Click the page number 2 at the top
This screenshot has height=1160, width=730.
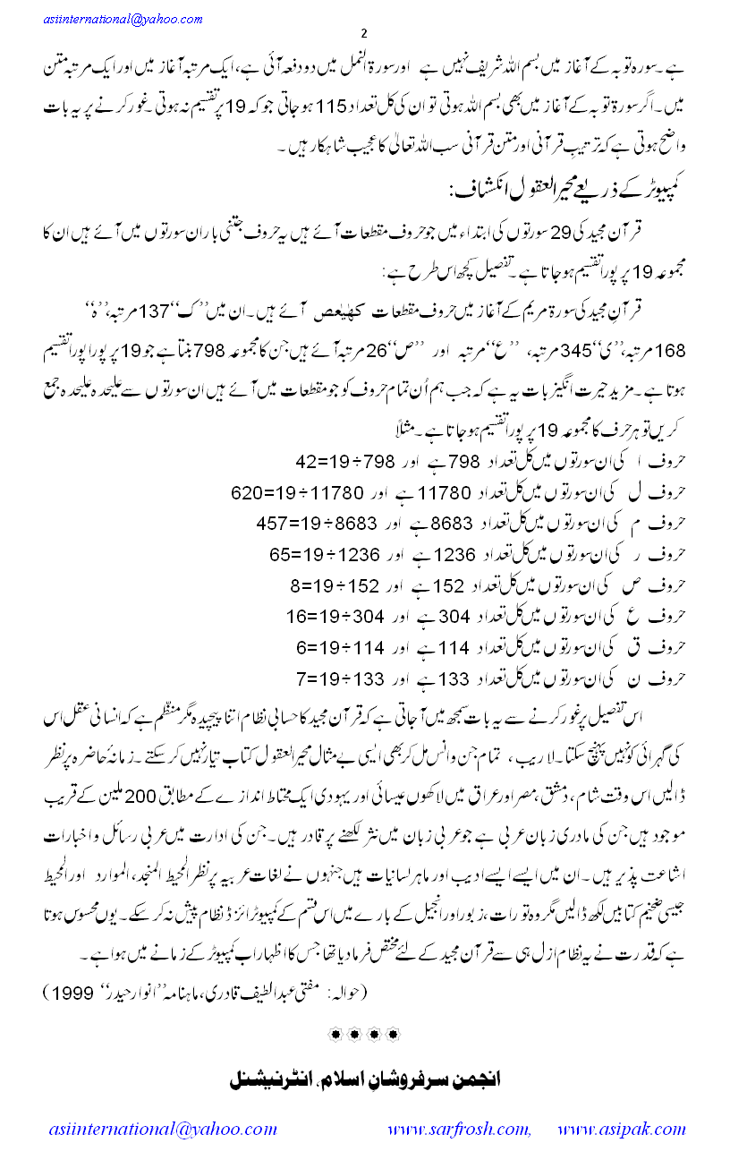(x=364, y=34)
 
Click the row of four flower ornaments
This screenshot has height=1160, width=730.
(x=364, y=1034)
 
